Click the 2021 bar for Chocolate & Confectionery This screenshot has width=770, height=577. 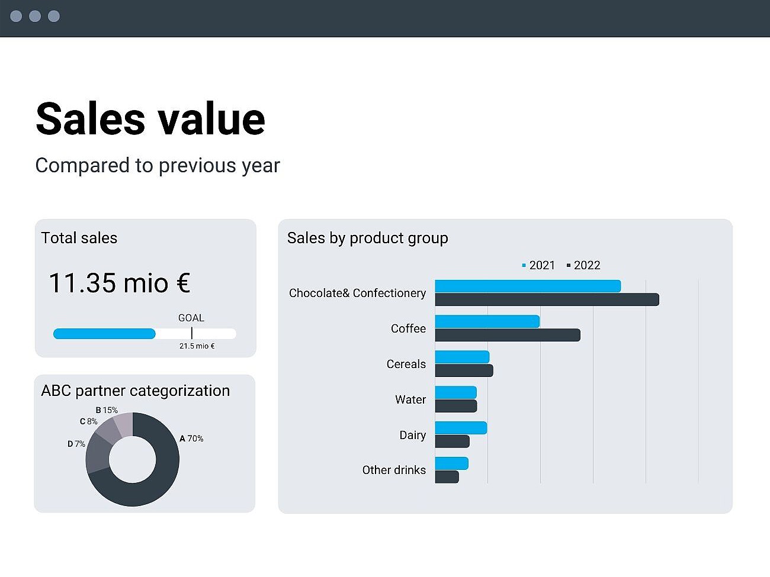[x=527, y=286]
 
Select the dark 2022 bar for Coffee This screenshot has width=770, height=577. [x=507, y=336]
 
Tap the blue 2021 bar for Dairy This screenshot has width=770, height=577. [x=461, y=428]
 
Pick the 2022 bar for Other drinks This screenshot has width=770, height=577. [x=447, y=477]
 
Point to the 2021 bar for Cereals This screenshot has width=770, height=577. [x=462, y=357]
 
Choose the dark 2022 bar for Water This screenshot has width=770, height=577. [x=455, y=406]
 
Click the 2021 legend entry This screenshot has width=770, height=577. [x=538, y=266]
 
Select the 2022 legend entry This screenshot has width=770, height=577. [x=583, y=266]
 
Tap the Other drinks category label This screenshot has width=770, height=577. [x=394, y=470]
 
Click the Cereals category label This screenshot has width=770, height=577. [x=406, y=364]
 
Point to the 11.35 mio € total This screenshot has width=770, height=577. [x=119, y=283]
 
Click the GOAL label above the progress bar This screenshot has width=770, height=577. [x=191, y=318]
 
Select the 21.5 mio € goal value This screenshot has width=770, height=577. [x=197, y=346]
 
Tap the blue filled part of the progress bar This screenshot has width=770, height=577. [x=104, y=334]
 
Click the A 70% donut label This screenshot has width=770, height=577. [x=191, y=439]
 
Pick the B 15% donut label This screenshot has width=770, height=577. [x=107, y=410]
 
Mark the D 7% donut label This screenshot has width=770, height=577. [x=76, y=444]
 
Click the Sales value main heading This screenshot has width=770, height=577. [x=150, y=118]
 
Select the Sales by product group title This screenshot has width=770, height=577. [x=367, y=238]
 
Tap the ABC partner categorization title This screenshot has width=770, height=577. [x=135, y=391]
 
